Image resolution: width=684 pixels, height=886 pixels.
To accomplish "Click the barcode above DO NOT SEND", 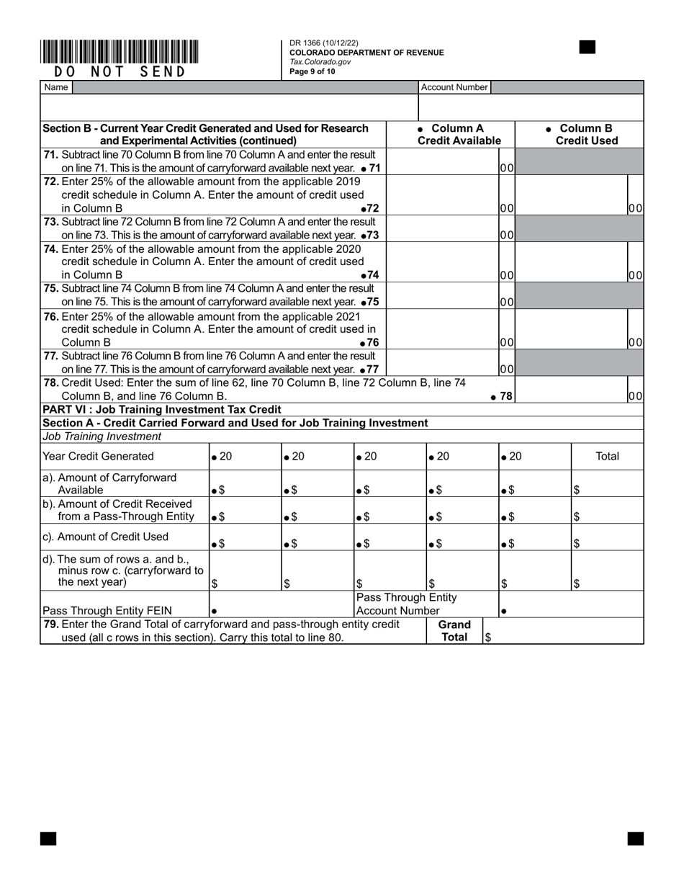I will point(120,52).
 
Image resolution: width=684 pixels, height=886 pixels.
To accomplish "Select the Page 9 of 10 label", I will point(312,71).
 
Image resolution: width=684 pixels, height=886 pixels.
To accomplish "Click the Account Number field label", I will point(454,87).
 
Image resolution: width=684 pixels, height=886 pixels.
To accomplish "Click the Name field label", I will point(56,87).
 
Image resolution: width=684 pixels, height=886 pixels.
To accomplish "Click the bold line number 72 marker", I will point(369,208).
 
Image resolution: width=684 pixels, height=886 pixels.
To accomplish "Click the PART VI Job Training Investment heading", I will point(162,410).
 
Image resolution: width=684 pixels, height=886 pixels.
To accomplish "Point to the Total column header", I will point(607,456).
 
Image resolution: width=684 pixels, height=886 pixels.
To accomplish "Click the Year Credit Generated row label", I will point(99,456).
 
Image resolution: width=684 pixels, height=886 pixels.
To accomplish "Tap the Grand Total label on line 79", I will point(454,631).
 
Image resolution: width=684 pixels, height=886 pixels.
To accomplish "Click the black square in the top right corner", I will point(588,48).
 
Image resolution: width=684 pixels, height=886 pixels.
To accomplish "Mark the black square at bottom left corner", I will point(48,838).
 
